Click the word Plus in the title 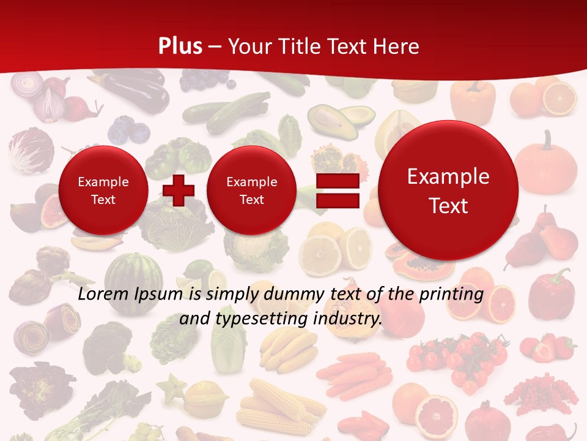coord(180,46)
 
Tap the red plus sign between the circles coord(179,190)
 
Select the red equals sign coord(337,191)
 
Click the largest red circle coord(448,190)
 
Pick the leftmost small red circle coord(103,190)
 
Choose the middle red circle coord(251,190)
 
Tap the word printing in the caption coord(452,294)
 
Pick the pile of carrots coord(355,374)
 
